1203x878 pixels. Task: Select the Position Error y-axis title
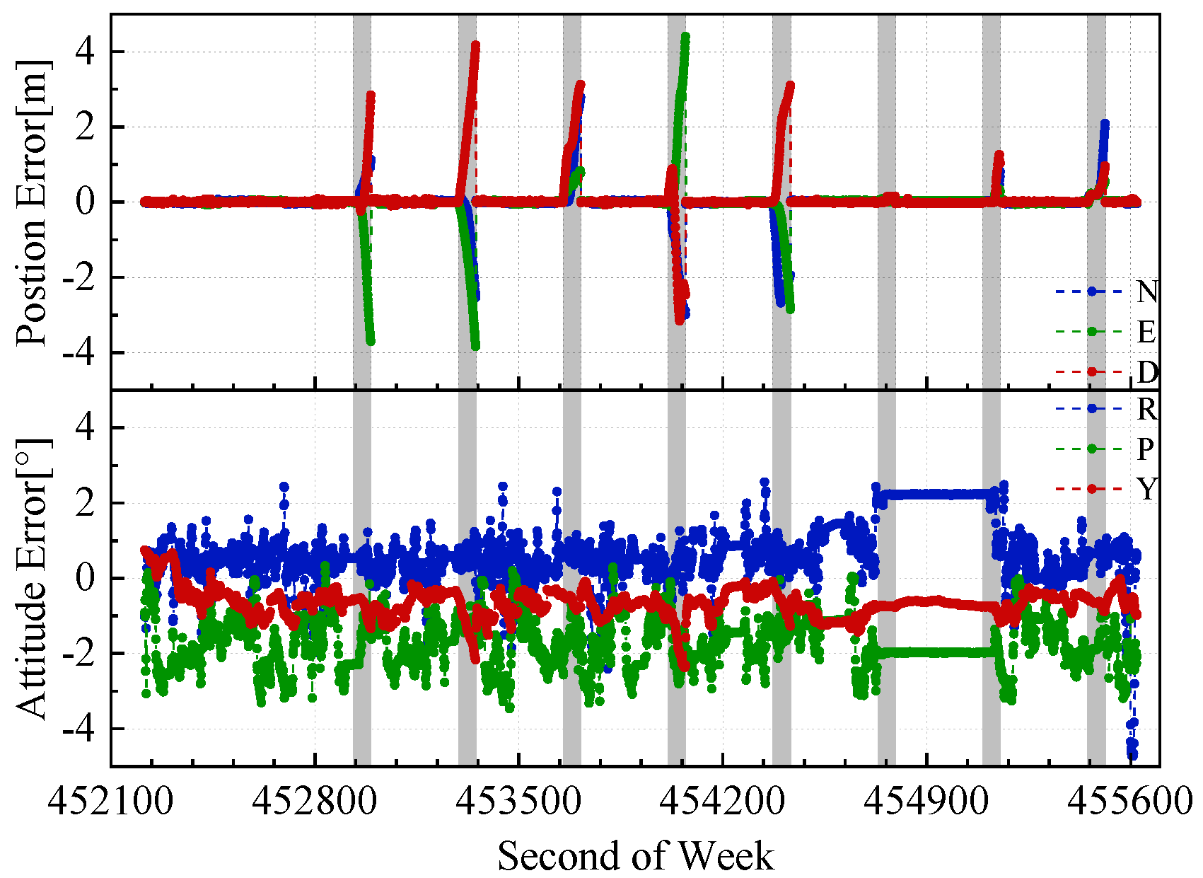[x=33, y=202]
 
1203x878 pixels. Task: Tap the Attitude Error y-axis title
[x=33, y=578]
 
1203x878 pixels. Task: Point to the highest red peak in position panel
[x=475, y=45]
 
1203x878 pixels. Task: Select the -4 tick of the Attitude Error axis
[x=79, y=729]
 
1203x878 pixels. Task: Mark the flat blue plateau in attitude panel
[x=934, y=494]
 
